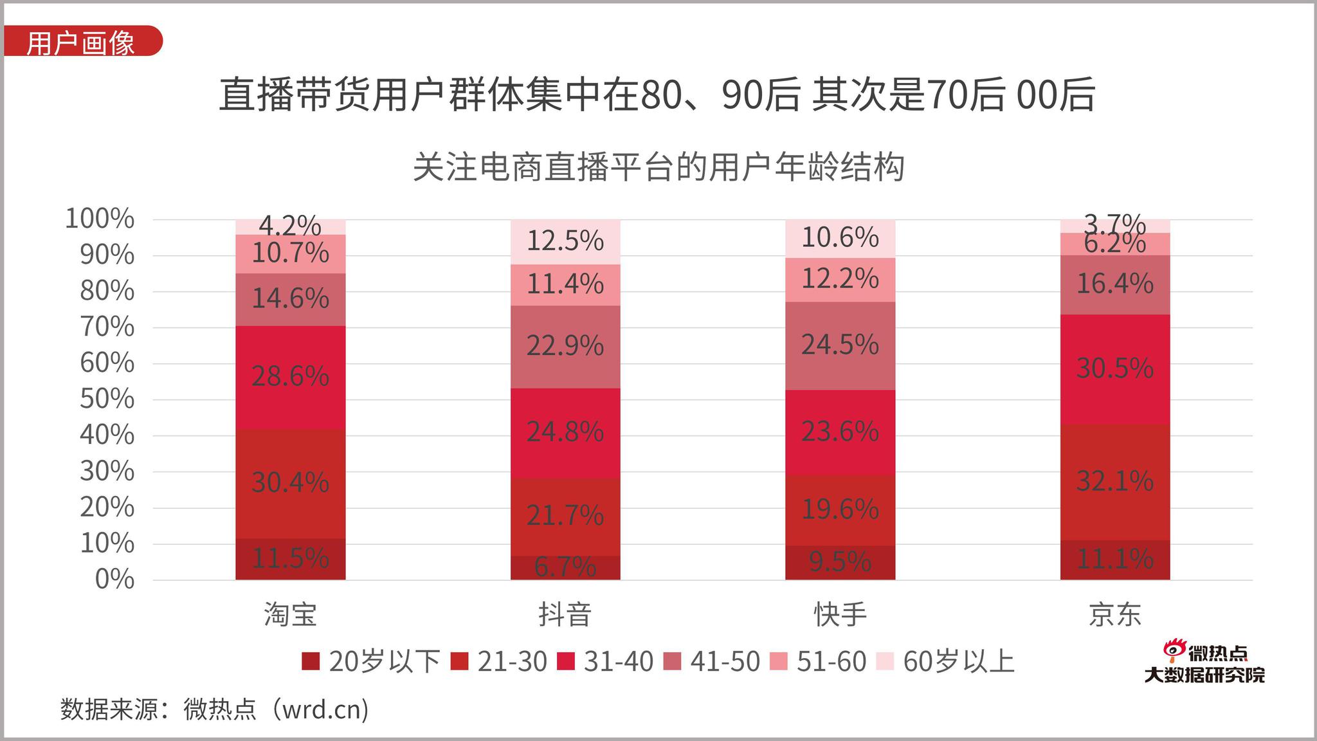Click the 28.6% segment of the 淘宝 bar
pos(290,377)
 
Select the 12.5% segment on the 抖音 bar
pos(565,242)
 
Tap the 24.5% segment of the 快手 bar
pos(840,345)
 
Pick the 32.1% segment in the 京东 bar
pos(1114,482)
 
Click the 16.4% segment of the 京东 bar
pos(1114,284)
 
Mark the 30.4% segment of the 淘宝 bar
pos(290,483)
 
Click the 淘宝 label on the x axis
pos(290,615)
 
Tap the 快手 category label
pos(840,615)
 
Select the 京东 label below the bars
pos(1114,615)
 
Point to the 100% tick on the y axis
pos(100,219)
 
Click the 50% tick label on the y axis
pos(107,399)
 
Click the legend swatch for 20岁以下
pos(310,661)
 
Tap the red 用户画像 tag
pos(81,42)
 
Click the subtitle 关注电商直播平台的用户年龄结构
pos(658,167)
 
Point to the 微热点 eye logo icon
pos(1174,650)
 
